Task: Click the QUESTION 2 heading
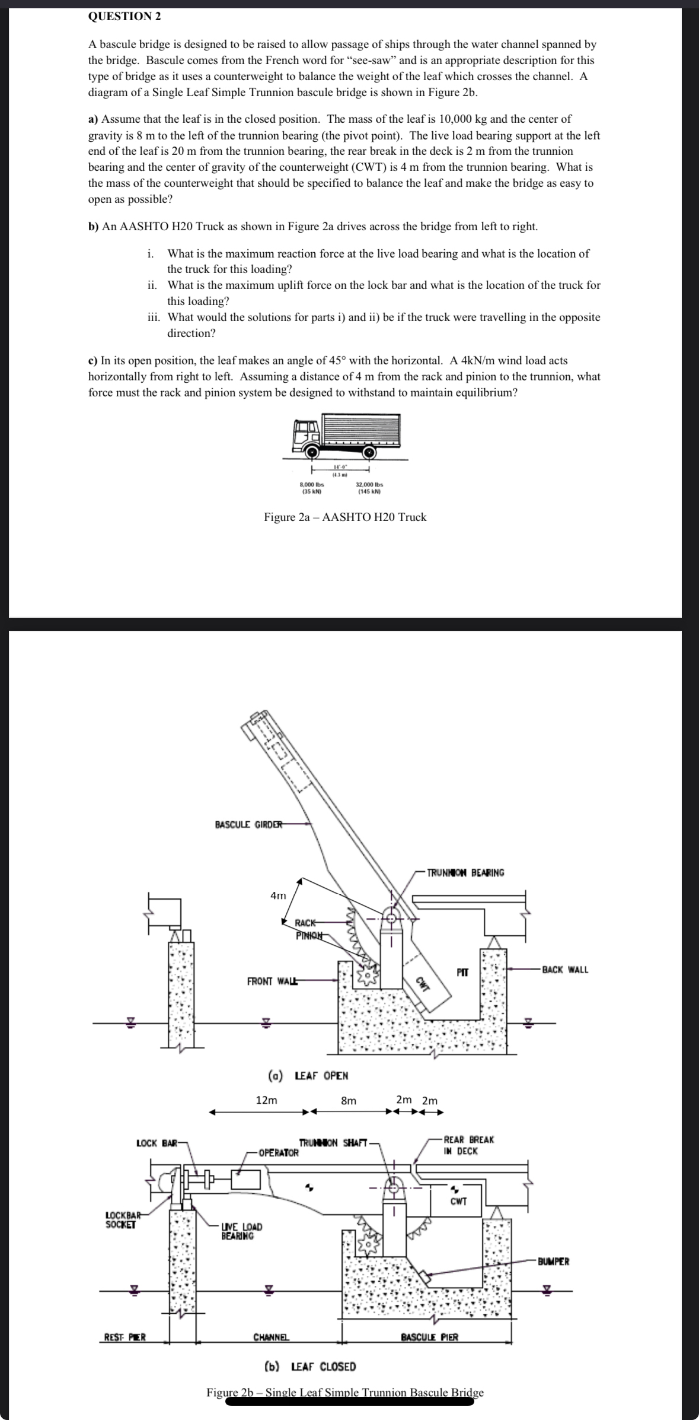[x=124, y=17]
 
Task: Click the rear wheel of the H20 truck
[x=369, y=452]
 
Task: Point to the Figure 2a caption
[x=345, y=517]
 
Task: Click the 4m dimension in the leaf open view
[x=277, y=895]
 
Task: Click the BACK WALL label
[x=565, y=969]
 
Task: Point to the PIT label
[x=462, y=972]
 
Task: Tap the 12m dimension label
[x=266, y=1100]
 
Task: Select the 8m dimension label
[x=349, y=1100]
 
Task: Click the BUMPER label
[x=553, y=1261]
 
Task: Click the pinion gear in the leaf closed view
[x=369, y=1244]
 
